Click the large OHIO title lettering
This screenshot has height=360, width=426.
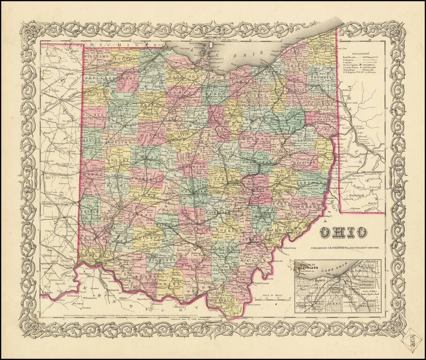[343, 232]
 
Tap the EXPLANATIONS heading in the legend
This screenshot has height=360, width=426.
[361, 54]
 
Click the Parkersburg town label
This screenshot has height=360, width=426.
[290, 247]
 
